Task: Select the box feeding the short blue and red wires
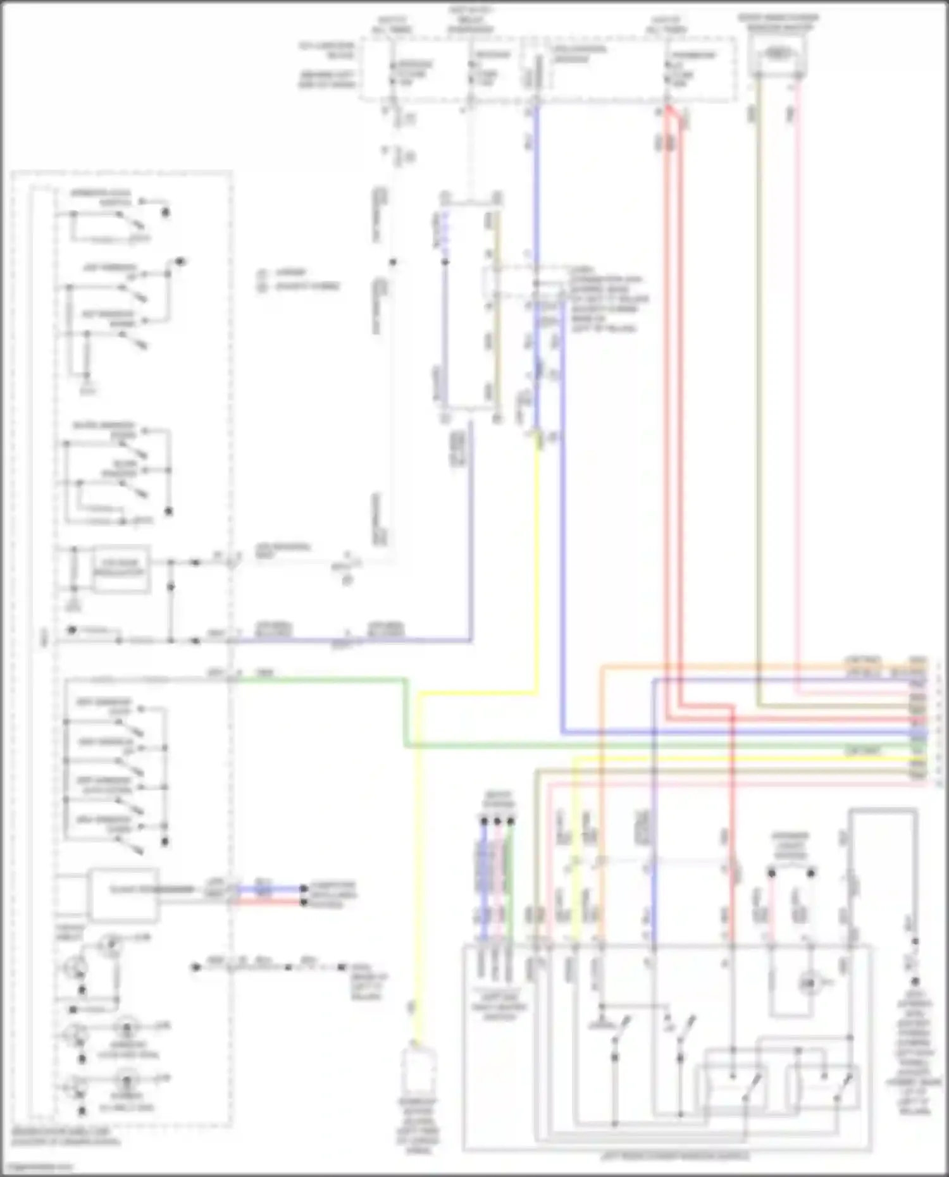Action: click(x=124, y=893)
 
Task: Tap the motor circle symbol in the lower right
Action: click(x=808, y=983)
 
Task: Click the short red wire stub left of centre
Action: click(x=264, y=901)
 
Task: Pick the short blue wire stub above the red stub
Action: click(x=264, y=889)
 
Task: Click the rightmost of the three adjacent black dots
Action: click(x=511, y=821)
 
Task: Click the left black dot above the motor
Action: click(x=772, y=873)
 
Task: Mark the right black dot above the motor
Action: click(x=812, y=873)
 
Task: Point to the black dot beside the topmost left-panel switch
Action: click(x=166, y=213)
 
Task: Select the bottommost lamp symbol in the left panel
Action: click(x=127, y=1083)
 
